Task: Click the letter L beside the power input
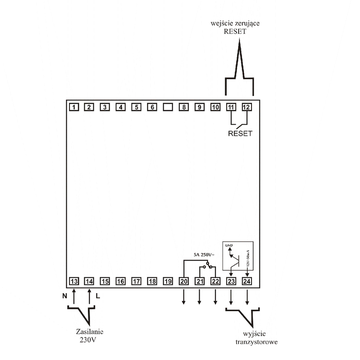[x=98, y=295]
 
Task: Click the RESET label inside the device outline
[x=240, y=133]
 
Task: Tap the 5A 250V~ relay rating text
[x=203, y=255]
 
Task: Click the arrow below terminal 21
[x=199, y=297]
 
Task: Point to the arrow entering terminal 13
[x=74, y=295]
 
